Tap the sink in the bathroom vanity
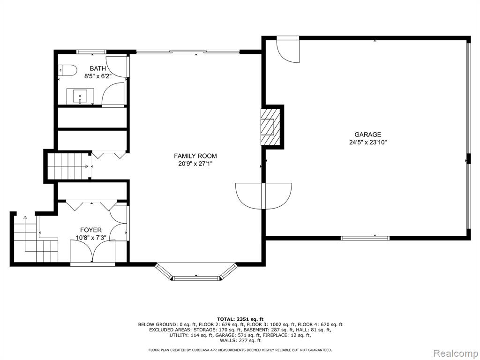tap(80, 96)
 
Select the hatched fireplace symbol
tap(270, 127)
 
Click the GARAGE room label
tap(367, 135)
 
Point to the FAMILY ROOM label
tap(195, 156)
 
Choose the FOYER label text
tap(91, 230)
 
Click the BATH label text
tap(97, 68)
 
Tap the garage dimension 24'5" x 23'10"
tap(368, 142)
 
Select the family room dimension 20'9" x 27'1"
tap(195, 164)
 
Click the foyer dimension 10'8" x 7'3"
tap(91, 237)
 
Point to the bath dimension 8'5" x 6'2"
tap(97, 76)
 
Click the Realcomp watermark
tap(455, 353)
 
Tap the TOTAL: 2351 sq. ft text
tap(240, 319)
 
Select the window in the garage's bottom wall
tap(365, 238)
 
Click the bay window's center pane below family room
tap(196, 278)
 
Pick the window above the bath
tap(91, 52)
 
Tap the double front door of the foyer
tap(92, 252)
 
